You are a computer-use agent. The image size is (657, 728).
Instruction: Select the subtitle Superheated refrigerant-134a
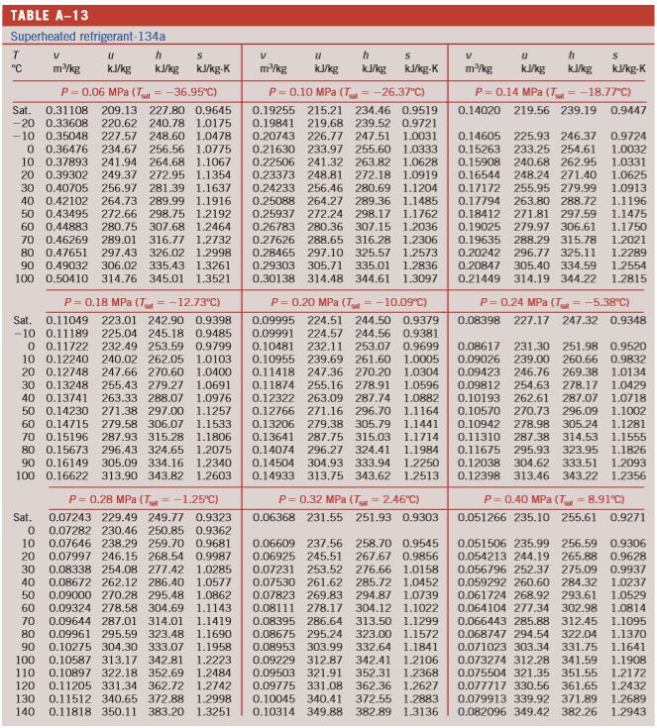tap(88, 36)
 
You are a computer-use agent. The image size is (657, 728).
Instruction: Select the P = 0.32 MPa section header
tap(337, 498)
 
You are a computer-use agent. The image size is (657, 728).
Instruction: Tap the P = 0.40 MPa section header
tap(551, 498)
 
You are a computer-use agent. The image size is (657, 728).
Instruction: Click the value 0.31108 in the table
tap(66, 109)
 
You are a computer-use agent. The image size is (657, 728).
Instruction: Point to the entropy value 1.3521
tap(213, 278)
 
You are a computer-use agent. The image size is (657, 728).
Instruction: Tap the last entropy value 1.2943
tap(627, 711)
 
